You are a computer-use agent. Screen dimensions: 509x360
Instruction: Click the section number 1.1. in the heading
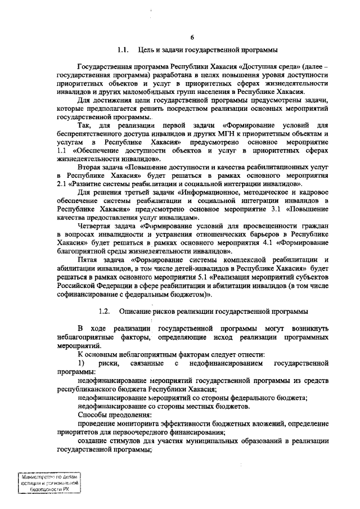click(124, 50)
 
